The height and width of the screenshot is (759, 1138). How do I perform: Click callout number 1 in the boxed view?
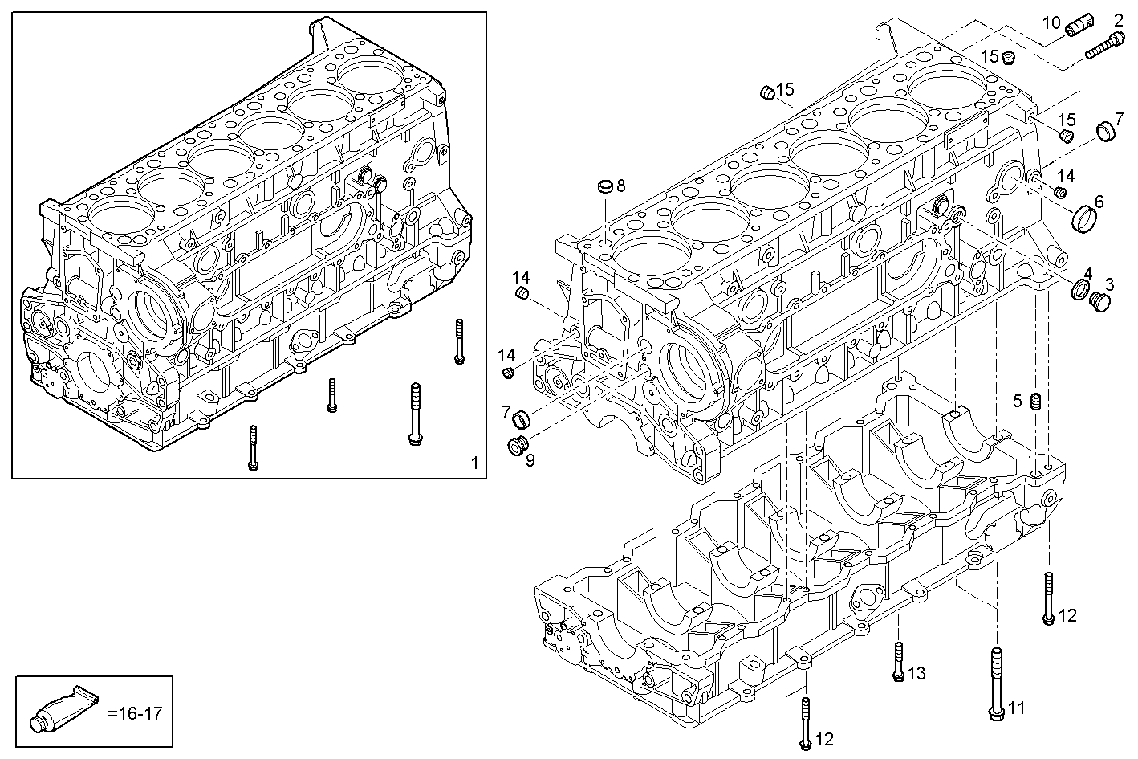[x=474, y=463]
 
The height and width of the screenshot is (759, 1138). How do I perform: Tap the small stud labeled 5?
[x=1036, y=401]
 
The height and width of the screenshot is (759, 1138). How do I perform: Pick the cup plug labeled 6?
[x=1084, y=217]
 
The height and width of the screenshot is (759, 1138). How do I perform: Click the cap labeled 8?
[x=605, y=188]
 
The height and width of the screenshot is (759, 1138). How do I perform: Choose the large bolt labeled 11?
[x=995, y=684]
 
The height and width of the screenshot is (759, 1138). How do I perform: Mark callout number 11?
[x=1017, y=708]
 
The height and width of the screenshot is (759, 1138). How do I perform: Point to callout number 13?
[x=916, y=673]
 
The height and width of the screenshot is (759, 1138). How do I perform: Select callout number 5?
[x=1017, y=401]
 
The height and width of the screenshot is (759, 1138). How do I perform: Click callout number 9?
[x=529, y=460]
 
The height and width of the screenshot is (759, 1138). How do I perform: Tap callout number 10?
[x=1051, y=22]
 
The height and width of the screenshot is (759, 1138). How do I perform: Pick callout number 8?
[x=620, y=185]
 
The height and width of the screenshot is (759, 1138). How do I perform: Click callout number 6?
[x=1099, y=201]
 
